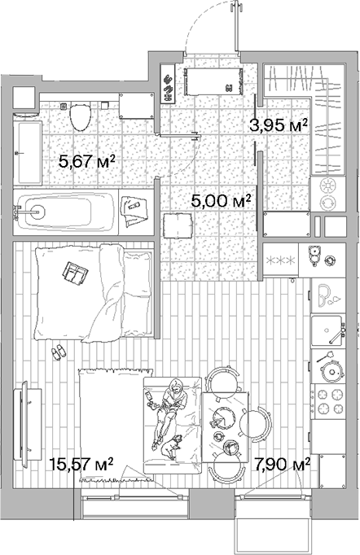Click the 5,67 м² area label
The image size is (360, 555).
86,162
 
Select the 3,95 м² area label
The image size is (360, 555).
278,125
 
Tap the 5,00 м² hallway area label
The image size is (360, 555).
219,199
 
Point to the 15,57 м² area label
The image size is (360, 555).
81,464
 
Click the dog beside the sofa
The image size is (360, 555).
173,446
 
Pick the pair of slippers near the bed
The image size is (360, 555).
59,352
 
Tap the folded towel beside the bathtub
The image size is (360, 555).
131,210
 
